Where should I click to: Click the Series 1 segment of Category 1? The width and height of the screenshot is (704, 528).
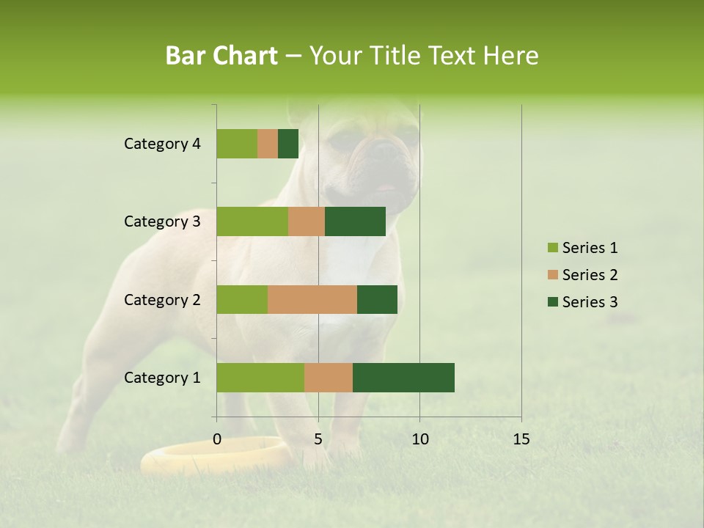tap(260, 378)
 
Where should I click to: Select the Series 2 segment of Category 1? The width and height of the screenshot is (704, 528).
tap(329, 378)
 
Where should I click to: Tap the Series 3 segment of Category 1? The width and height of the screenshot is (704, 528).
tap(403, 378)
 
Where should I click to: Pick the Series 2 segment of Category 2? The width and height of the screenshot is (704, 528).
tap(312, 299)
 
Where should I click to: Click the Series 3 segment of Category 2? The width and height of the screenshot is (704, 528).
tap(377, 299)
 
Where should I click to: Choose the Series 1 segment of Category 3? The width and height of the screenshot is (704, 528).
tap(252, 221)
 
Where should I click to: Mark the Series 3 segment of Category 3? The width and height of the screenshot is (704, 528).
tap(355, 221)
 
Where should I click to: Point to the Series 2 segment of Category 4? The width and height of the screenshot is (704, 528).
tap(268, 144)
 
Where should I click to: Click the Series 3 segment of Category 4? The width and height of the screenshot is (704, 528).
tap(288, 144)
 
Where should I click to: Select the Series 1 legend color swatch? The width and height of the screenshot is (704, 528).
tap(552, 248)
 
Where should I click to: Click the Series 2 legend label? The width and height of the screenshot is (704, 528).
tap(590, 275)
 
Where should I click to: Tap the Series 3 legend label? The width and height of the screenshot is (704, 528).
tap(590, 302)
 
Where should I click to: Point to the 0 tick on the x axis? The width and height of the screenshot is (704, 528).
tap(217, 439)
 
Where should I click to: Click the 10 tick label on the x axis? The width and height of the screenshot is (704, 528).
tap(419, 439)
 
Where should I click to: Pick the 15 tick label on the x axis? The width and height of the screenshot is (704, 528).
tap(521, 439)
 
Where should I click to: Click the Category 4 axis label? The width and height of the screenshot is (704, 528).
tap(162, 144)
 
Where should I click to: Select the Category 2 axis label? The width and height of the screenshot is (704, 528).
tap(162, 299)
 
